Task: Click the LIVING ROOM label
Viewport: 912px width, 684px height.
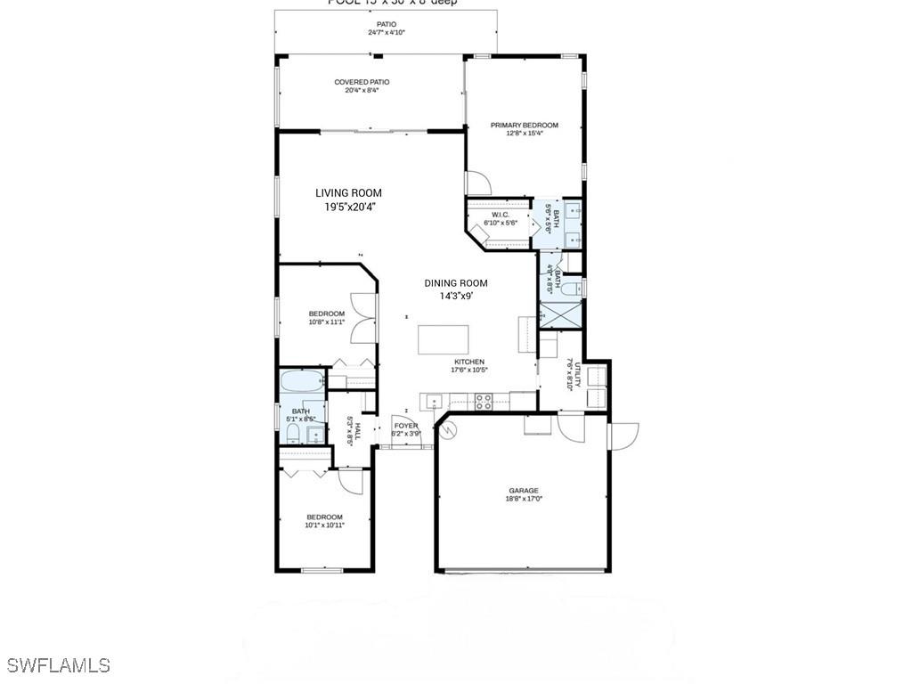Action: click(348, 192)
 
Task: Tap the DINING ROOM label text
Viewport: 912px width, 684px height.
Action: click(455, 283)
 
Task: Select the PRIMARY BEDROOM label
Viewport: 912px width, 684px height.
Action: click(525, 126)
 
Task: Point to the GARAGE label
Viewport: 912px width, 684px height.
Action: click(524, 491)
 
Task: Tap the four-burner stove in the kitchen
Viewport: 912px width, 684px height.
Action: click(484, 402)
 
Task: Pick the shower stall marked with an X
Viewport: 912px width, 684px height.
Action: click(561, 314)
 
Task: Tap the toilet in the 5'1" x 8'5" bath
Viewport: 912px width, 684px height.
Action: click(292, 434)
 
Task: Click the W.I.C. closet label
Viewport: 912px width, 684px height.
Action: click(500, 215)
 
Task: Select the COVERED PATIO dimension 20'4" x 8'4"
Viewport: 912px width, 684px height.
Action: click(362, 90)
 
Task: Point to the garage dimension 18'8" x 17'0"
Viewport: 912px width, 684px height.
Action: click(524, 500)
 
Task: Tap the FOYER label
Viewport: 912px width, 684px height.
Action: click(406, 426)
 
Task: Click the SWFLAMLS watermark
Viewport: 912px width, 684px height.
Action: click(59, 665)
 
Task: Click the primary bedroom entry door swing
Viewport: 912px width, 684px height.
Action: click(479, 183)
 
